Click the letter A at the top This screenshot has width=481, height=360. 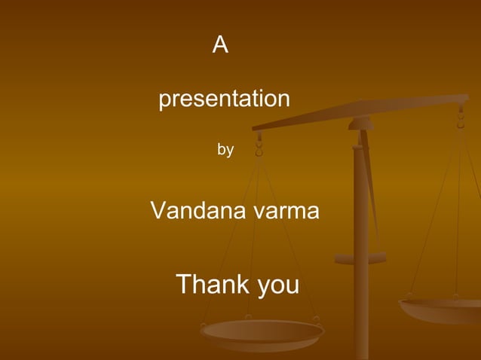click(220, 45)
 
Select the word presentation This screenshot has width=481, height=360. click(224, 99)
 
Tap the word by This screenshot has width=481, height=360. click(225, 150)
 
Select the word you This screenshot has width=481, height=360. click(278, 286)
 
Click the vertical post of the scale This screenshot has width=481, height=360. click(361, 249)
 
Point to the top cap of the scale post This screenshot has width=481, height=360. click(360, 124)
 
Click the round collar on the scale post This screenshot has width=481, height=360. click(360, 258)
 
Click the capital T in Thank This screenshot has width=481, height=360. click(184, 285)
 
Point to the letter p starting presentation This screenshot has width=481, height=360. click(164, 101)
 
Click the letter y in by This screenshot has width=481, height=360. click(229, 151)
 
